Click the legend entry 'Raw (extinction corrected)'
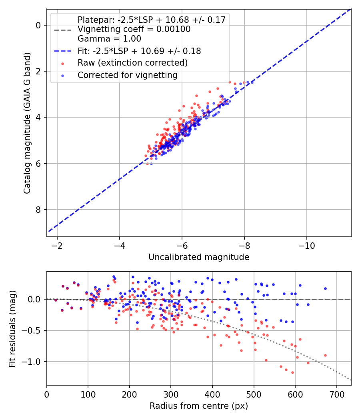(132, 63)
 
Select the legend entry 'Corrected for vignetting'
(128, 75)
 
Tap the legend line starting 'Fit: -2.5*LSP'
(139, 51)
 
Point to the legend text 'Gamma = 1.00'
(109, 39)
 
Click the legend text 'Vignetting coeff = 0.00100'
(134, 29)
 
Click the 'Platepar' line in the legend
(152, 20)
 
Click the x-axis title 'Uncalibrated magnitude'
(199, 257)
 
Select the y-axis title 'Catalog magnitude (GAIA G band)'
(27, 123)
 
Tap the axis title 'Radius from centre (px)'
(199, 406)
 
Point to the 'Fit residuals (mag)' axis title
(12, 329)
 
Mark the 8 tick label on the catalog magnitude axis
(38, 210)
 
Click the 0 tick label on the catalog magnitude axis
(38, 26)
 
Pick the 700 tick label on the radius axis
(337, 394)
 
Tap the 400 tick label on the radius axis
(212, 394)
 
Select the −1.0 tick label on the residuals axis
(32, 362)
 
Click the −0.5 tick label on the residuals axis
(32, 330)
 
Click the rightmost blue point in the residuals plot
(326, 289)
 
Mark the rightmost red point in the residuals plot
(326, 356)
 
